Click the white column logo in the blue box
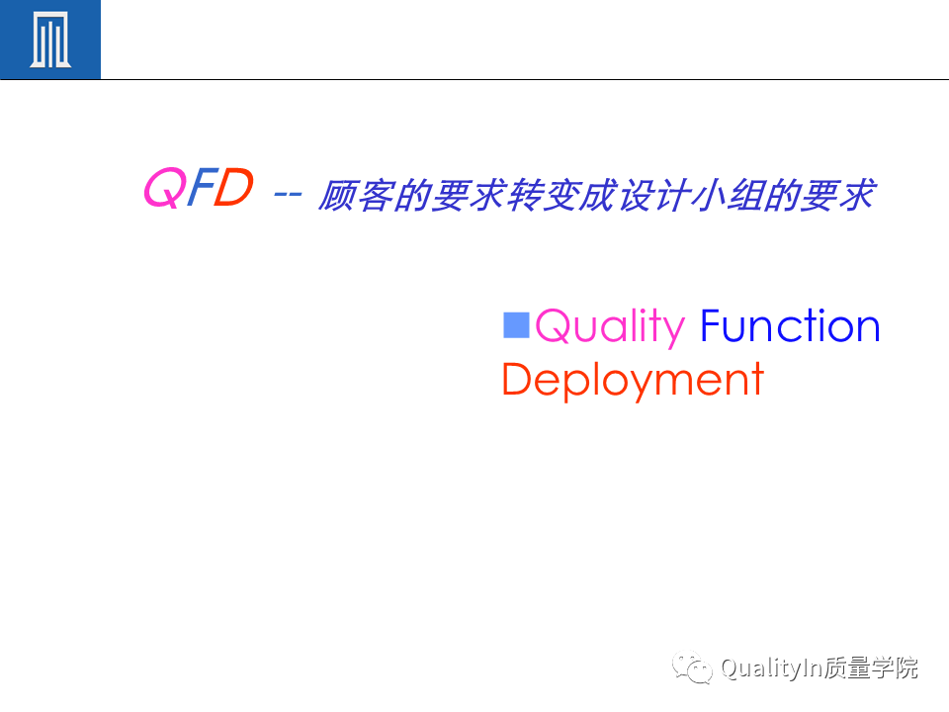click(x=50, y=40)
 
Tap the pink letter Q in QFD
click(x=163, y=188)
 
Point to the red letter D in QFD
click(x=233, y=187)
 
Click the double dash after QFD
click(x=288, y=195)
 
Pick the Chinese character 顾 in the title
click(x=337, y=196)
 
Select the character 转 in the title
click(x=525, y=196)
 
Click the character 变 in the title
click(x=561, y=196)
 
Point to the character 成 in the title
click(x=599, y=196)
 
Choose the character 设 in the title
click(x=637, y=196)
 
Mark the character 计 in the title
click(x=673, y=196)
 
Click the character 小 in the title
click(x=710, y=196)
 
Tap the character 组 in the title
click(x=747, y=196)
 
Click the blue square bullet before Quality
click(x=516, y=324)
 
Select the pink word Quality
click(x=610, y=327)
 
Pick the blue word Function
click(x=790, y=325)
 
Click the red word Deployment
click(x=633, y=380)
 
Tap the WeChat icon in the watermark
click(x=692, y=667)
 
